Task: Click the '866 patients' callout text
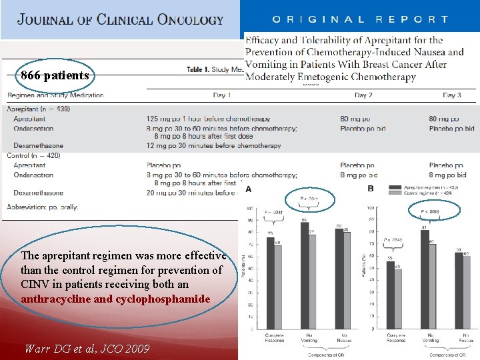pos(55,75)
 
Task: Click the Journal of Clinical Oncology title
pos(121,19)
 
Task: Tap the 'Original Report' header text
pos(359,20)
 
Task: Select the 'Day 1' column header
pos(221,95)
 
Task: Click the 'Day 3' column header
pos(452,95)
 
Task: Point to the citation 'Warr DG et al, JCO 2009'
pos(87,348)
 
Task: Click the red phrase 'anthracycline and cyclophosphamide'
pos(115,299)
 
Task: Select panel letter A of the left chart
pos(249,189)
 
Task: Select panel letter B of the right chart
pos(371,189)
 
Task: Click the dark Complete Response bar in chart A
pos(271,283)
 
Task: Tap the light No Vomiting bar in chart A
pos(312,280)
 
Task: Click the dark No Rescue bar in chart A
pos(338,279)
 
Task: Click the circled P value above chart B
pos(430,212)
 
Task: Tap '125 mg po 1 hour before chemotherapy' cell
pos(208,119)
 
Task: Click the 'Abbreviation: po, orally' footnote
pos(43,207)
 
